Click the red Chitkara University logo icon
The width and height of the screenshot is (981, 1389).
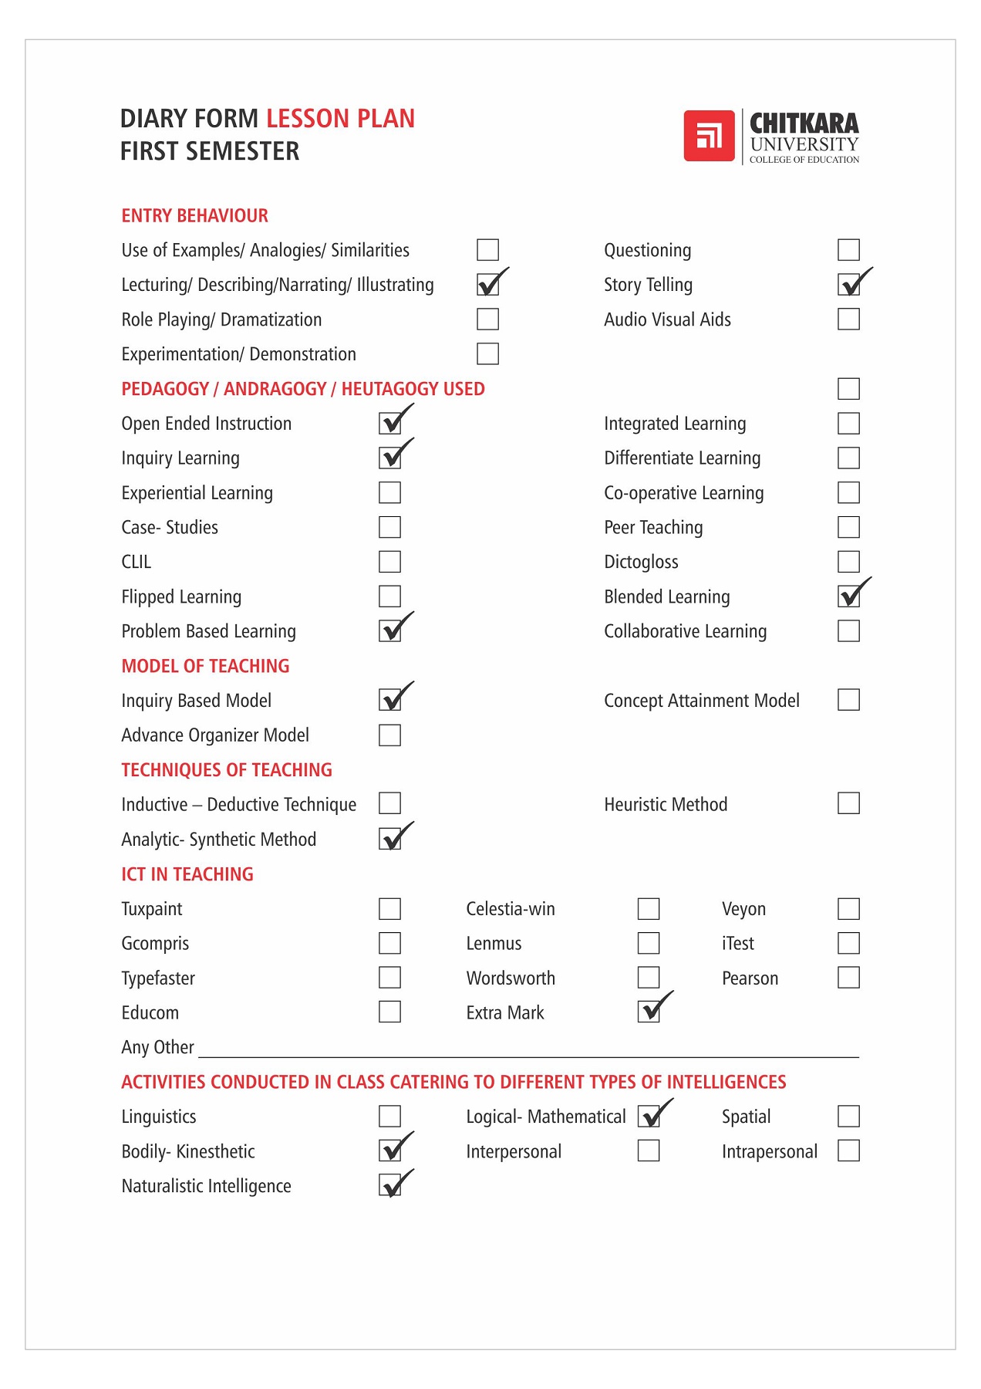(x=709, y=136)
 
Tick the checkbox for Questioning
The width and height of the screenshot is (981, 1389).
(x=848, y=250)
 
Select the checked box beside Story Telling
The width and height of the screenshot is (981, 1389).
(x=849, y=285)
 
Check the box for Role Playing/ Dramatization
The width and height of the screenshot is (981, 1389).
(x=487, y=319)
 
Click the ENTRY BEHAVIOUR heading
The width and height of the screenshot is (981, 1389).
(x=194, y=216)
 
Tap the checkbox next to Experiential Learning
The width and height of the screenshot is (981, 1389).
(x=389, y=492)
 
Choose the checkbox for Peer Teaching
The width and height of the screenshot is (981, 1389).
(x=848, y=527)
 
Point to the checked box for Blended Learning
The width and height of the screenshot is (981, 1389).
(x=849, y=596)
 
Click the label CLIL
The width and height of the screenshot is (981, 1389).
(x=136, y=562)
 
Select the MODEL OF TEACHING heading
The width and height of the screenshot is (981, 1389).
(x=205, y=666)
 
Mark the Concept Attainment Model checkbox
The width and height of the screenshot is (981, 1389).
(x=848, y=700)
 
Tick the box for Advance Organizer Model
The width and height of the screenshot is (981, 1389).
(x=389, y=735)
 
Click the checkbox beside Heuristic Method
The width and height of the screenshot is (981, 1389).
(x=848, y=803)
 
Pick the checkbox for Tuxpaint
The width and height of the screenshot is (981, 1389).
(x=389, y=908)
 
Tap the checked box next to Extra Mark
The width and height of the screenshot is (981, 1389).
(x=649, y=1012)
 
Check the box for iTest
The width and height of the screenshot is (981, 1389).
(x=848, y=943)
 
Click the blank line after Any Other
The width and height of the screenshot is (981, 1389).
(x=528, y=1049)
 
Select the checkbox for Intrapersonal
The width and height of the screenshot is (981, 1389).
(x=848, y=1151)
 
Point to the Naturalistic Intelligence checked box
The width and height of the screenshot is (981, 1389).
(x=390, y=1185)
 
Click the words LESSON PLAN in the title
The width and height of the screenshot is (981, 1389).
(x=340, y=119)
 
